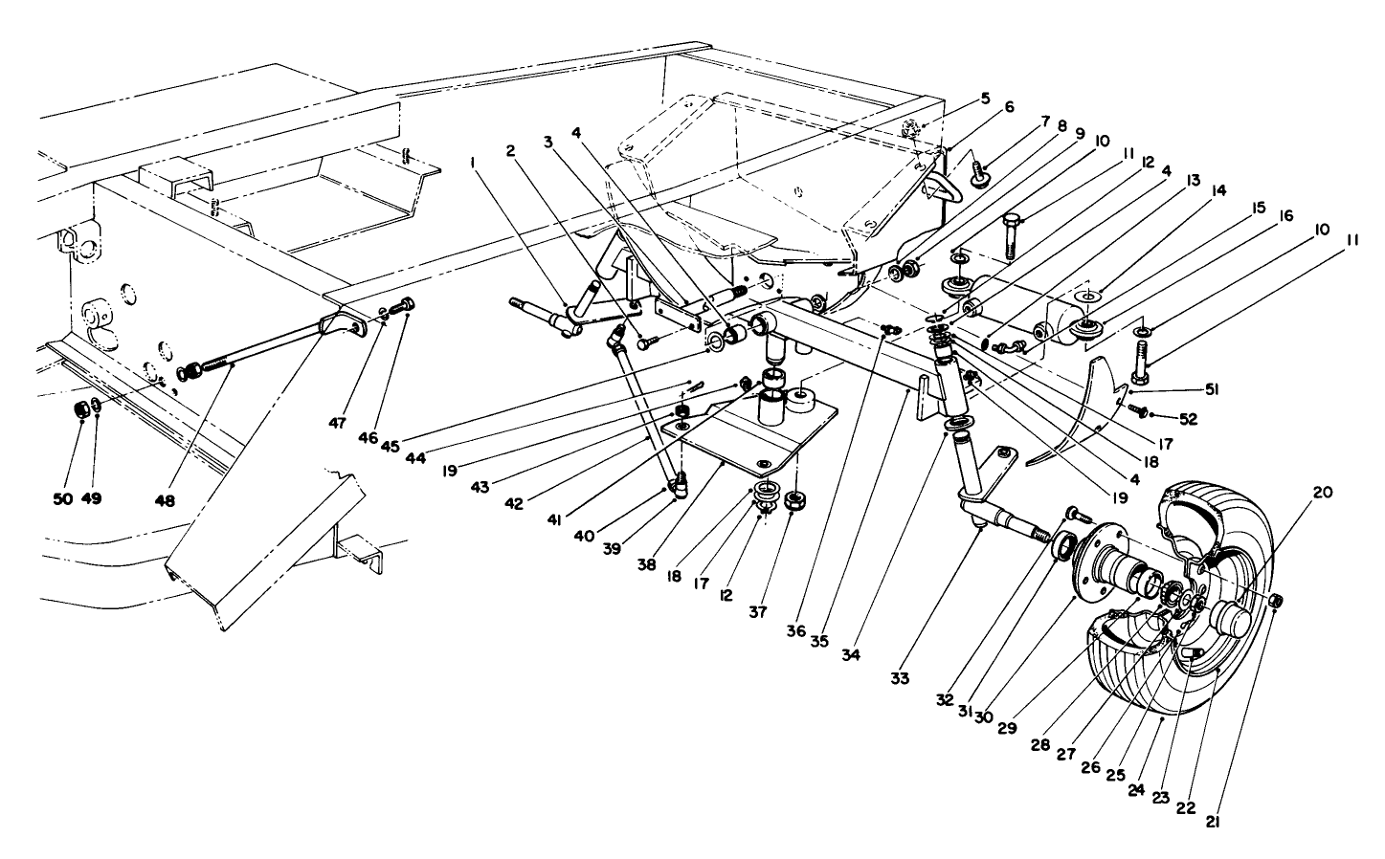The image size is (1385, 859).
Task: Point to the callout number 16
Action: [x=1285, y=217]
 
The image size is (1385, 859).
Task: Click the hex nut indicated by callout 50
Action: [x=81, y=409]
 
